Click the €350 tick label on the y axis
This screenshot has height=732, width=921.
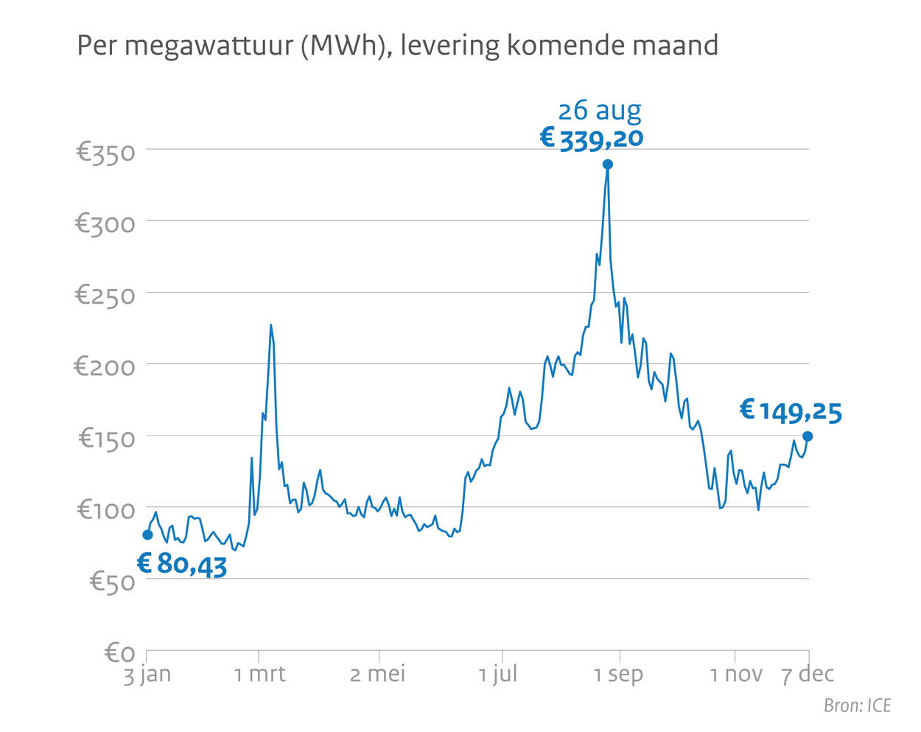click(105, 153)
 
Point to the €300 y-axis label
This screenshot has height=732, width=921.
click(105, 223)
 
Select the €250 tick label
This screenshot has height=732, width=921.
click(105, 295)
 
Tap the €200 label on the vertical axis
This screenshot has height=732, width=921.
click(105, 366)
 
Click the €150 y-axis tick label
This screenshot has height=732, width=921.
click(107, 438)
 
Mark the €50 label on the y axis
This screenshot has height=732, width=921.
click(112, 582)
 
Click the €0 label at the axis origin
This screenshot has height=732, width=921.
click(120, 652)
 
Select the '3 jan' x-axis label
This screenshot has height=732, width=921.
click(147, 674)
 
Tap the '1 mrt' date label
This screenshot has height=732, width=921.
click(259, 674)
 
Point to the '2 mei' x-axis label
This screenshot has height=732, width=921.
click(377, 674)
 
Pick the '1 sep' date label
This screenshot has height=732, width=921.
click(618, 674)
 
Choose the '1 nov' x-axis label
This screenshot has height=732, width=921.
click(735, 674)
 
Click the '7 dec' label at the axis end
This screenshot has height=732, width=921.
click(808, 674)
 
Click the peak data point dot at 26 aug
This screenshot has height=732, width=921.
click(607, 164)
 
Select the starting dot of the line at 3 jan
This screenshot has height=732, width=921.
click(147, 534)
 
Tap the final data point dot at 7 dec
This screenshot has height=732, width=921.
click(808, 436)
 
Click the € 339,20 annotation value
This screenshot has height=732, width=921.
click(592, 138)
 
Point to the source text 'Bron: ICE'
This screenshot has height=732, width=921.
click(857, 705)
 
